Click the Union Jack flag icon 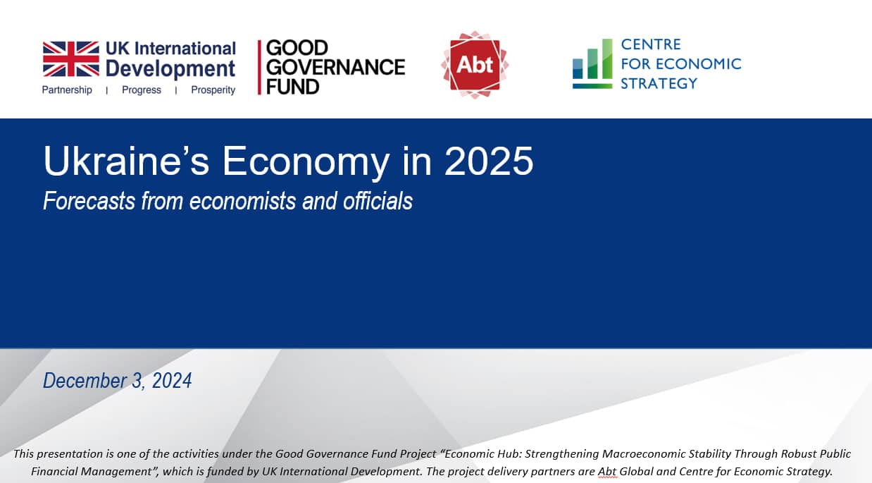71,59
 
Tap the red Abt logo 475,65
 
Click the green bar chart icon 592,64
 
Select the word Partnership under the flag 67,90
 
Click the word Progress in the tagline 142,90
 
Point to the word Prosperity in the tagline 213,90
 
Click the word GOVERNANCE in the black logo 335,67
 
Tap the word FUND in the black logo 293,87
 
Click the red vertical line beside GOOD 259,67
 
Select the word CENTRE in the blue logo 651,44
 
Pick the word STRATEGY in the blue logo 659,83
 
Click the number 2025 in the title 489,161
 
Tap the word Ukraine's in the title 126,161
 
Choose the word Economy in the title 306,163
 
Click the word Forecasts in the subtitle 89,201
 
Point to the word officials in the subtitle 378,201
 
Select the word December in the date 84,381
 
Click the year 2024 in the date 172,381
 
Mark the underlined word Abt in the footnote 607,471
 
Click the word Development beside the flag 170,68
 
